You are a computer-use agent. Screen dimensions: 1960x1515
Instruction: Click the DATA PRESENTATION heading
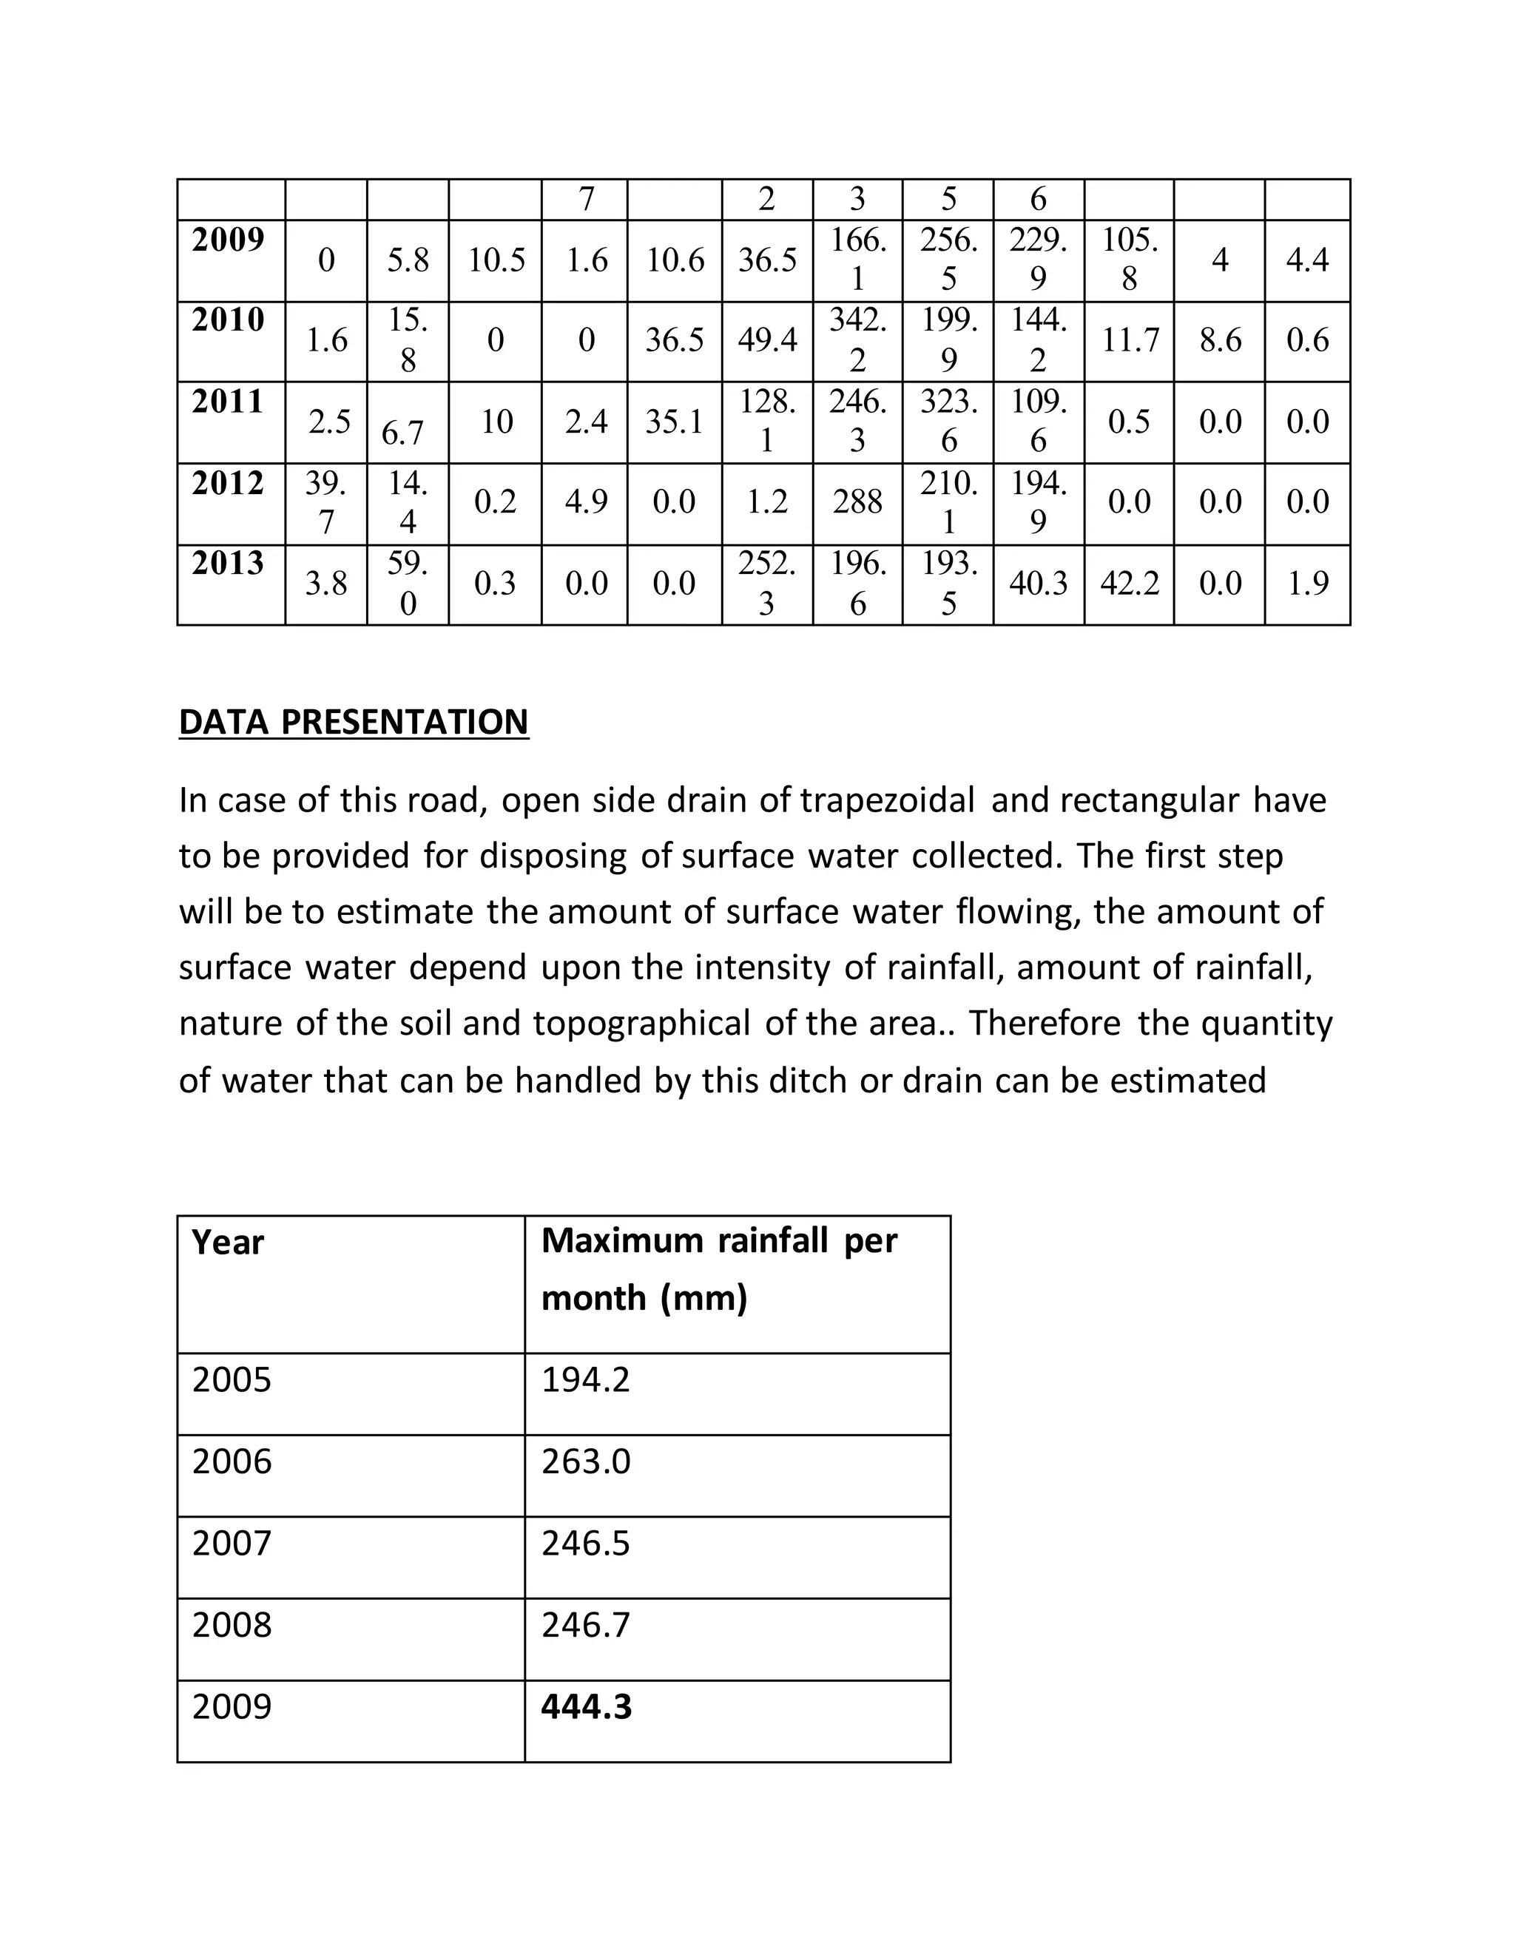click(x=354, y=723)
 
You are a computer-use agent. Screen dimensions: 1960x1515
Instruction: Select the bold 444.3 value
click(x=586, y=1706)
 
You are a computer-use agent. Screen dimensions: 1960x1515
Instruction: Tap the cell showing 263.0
click(x=586, y=1461)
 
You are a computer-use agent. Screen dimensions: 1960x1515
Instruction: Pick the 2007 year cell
click(x=232, y=1543)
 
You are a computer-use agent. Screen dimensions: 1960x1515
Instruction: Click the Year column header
click(x=228, y=1243)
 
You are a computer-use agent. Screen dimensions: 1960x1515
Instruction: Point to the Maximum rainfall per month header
click(x=719, y=1269)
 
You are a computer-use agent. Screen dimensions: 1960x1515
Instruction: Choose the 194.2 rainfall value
click(x=585, y=1379)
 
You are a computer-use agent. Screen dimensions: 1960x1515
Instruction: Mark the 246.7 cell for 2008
click(x=585, y=1624)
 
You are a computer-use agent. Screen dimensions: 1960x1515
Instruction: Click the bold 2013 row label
click(x=228, y=564)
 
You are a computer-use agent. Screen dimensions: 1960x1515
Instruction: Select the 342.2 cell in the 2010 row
click(x=857, y=340)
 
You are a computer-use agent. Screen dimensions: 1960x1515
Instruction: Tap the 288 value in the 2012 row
click(x=857, y=501)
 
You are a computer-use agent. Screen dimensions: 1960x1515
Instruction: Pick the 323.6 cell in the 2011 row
click(x=948, y=421)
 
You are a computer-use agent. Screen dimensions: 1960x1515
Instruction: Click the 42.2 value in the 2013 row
click(x=1129, y=584)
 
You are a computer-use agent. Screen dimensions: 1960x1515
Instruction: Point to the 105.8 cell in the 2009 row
click(x=1129, y=260)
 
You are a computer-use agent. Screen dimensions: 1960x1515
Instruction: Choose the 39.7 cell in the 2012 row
click(x=325, y=501)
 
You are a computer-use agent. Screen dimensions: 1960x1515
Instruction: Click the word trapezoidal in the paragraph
click(x=887, y=800)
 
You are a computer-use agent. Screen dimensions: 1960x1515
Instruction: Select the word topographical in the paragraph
click(x=641, y=1023)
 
